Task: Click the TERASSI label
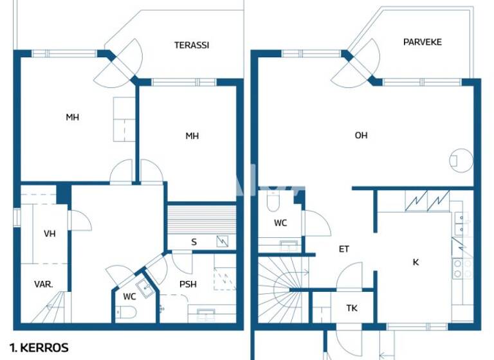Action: [x=192, y=45]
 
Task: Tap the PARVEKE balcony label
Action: [x=423, y=42]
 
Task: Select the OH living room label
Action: [x=361, y=135]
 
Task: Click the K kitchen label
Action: [x=416, y=262]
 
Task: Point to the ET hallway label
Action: [x=344, y=249]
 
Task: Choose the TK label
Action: [x=352, y=309]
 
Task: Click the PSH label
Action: [x=188, y=285]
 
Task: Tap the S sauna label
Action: [x=194, y=242]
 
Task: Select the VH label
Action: [x=50, y=233]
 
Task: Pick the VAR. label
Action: [x=44, y=283]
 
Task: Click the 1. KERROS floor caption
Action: [x=41, y=348]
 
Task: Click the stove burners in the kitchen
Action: [x=458, y=268]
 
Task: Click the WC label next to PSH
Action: [x=129, y=296]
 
